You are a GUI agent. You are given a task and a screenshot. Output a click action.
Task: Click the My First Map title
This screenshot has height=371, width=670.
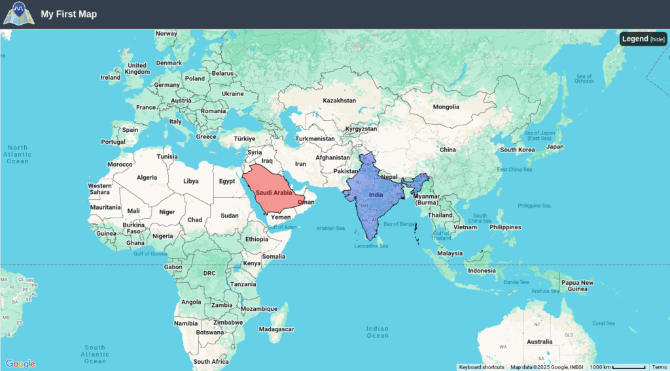[x=69, y=14]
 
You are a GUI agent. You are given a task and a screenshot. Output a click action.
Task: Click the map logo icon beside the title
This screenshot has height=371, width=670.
[x=18, y=14]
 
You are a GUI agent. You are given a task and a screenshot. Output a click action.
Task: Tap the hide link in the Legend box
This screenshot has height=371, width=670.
[x=658, y=39]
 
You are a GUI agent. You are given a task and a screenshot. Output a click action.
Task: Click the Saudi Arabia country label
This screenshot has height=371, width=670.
[x=273, y=193]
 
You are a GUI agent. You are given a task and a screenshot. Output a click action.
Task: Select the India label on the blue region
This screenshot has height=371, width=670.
[x=376, y=195]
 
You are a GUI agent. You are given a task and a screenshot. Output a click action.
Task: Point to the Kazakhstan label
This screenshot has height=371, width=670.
[x=339, y=101]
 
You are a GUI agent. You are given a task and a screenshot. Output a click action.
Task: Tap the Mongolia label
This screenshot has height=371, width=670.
[x=446, y=106]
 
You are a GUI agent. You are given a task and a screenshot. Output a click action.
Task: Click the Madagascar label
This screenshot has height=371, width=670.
[x=276, y=329]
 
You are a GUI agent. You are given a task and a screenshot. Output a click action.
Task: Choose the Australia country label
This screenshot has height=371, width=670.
[x=540, y=342]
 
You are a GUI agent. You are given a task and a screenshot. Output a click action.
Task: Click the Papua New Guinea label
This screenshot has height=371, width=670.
[x=578, y=285]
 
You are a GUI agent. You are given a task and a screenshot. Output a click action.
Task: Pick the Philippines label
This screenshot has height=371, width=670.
[x=505, y=227]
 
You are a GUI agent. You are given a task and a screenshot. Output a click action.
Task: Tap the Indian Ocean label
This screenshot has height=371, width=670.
[x=378, y=332]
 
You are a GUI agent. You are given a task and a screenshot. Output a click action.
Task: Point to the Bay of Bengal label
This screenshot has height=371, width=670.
[x=399, y=224]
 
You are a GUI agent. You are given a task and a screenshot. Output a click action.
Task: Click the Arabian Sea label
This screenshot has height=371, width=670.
[x=330, y=228]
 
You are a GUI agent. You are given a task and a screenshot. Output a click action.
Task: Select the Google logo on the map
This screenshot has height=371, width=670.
[x=20, y=364]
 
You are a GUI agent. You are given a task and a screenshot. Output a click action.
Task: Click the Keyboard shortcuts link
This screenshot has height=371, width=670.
[x=482, y=367]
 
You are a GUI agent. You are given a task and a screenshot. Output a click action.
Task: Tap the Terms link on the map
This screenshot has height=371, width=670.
[x=659, y=367]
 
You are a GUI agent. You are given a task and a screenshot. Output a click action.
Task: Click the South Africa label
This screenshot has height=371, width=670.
[x=211, y=361]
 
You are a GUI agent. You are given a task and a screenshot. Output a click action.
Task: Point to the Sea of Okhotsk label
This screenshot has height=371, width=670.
[x=584, y=79]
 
